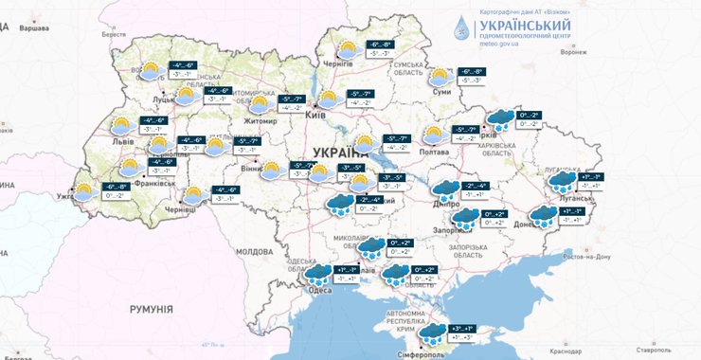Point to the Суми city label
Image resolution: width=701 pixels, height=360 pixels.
441,93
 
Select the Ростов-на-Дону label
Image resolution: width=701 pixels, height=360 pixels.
595,257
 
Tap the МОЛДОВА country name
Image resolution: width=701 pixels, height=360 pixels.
254,251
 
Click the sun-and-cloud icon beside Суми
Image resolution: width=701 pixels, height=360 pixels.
440,77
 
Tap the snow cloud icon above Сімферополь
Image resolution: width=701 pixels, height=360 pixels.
434,332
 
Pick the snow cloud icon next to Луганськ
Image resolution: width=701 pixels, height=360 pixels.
563,180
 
